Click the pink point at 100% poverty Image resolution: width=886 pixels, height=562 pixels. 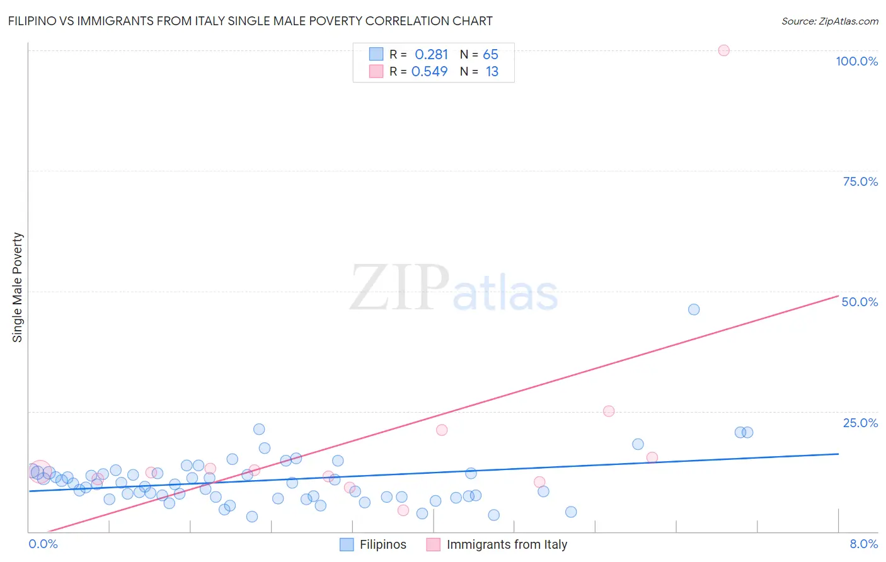(723, 50)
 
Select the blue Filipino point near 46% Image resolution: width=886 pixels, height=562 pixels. (694, 309)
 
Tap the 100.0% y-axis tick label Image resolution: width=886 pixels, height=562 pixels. (856, 61)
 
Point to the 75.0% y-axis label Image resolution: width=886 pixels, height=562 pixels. (860, 181)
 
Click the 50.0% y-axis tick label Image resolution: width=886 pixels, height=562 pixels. (860, 302)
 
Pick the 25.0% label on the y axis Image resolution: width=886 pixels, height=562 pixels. (860, 423)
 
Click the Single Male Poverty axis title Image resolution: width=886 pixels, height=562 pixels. (18, 287)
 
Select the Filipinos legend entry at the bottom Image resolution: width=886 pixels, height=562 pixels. (373, 544)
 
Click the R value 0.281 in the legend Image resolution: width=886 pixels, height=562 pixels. (431, 55)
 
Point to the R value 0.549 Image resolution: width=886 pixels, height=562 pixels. (429, 72)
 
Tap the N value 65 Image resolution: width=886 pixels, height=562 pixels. (490, 55)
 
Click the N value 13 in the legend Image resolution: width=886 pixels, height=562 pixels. (492, 72)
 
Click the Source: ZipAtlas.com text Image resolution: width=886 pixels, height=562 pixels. (829, 21)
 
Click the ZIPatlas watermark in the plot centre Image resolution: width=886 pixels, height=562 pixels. (454, 289)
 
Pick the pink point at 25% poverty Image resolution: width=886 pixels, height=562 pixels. (609, 411)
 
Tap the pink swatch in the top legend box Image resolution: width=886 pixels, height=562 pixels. (376, 71)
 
